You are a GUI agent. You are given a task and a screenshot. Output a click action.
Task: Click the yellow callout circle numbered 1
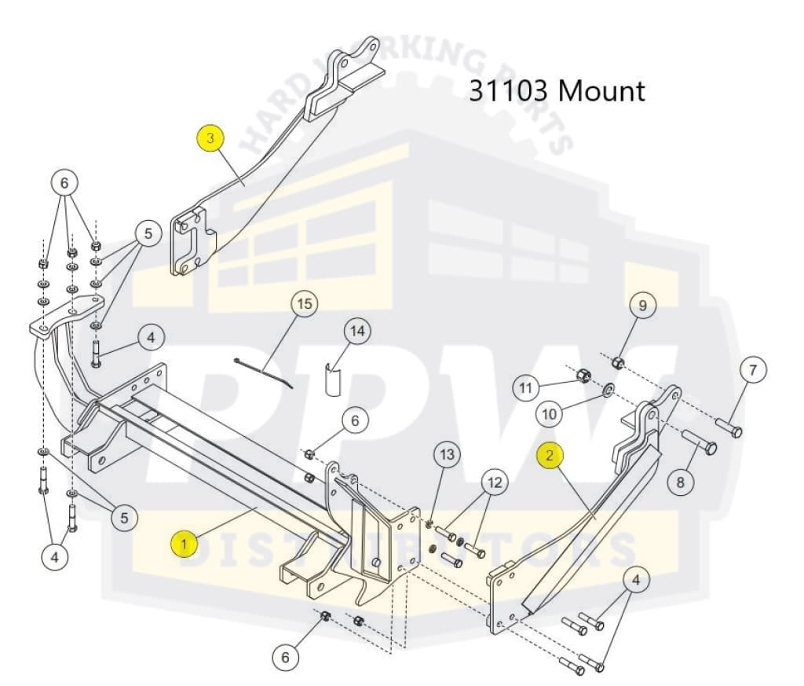[184, 544]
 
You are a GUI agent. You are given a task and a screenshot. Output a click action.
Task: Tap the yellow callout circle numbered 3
[210, 138]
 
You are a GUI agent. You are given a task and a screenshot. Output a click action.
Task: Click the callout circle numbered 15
[305, 304]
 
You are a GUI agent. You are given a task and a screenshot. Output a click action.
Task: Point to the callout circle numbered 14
[357, 331]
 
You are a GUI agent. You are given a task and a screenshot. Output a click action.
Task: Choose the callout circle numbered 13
[447, 455]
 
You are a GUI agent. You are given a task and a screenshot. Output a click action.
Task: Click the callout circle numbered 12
[495, 482]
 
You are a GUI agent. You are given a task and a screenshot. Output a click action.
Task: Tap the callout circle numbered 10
[549, 413]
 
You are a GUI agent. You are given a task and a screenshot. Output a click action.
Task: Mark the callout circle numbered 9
[642, 306]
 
